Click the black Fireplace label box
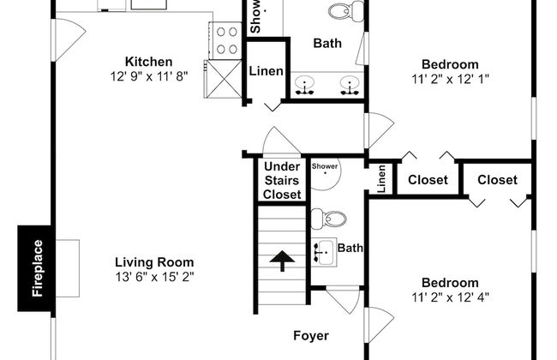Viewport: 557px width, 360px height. [x=37, y=267]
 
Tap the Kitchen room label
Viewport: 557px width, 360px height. [x=149, y=62]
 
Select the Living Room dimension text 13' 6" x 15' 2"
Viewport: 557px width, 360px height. [x=155, y=277]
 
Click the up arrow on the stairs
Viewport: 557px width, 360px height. [x=281, y=257]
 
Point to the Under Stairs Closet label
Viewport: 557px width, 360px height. [x=281, y=180]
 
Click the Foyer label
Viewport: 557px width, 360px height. [x=309, y=336]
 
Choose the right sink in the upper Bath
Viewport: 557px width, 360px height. [x=349, y=85]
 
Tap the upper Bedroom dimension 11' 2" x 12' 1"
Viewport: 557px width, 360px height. [x=449, y=79]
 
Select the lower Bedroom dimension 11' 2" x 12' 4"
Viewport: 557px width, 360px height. [x=449, y=297]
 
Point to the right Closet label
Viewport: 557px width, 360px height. [x=497, y=180]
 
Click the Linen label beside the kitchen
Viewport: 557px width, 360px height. [x=265, y=70]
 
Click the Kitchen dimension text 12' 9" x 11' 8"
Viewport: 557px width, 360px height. [x=149, y=75]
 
